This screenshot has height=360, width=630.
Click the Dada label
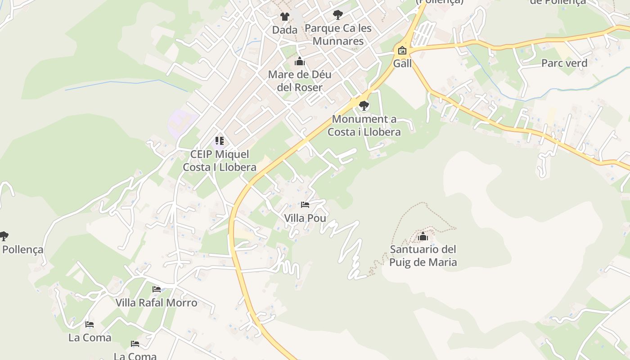click(x=284, y=30)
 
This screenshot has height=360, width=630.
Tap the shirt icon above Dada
click(x=284, y=17)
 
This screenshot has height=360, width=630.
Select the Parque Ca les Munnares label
click(x=338, y=35)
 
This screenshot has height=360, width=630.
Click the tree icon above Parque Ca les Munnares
click(x=338, y=15)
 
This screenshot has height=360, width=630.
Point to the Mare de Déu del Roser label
click(x=299, y=81)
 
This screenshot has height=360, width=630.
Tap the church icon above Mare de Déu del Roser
click(x=299, y=62)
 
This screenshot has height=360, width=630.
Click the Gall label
click(x=402, y=63)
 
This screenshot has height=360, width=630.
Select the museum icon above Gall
click(x=402, y=50)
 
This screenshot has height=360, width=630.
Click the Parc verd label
click(x=564, y=63)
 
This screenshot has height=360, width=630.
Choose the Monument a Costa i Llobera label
click(x=364, y=126)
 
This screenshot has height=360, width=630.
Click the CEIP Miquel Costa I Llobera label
click(x=219, y=161)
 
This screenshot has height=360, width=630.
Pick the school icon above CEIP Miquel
click(x=219, y=141)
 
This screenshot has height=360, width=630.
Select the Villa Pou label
click(x=305, y=218)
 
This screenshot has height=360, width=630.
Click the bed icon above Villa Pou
click(x=305, y=205)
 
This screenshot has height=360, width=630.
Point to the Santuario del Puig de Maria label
click(x=423, y=256)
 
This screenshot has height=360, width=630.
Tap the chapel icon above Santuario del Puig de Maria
click(x=423, y=236)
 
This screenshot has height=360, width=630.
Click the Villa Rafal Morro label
click(x=156, y=302)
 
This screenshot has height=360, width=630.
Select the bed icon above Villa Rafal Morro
click(x=156, y=289)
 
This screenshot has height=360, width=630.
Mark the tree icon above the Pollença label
click(x=4, y=236)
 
